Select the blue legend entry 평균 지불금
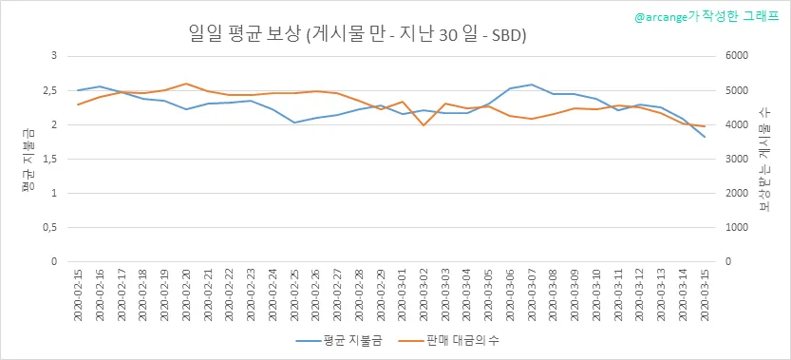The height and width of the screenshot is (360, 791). pos(338,341)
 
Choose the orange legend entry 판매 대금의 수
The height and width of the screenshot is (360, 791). pos(448,341)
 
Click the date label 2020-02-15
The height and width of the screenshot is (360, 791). pos(78,294)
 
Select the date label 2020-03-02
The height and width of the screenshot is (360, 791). pos(424,294)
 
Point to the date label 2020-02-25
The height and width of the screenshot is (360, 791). pos(294,294)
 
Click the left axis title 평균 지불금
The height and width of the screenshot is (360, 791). pos(28,160)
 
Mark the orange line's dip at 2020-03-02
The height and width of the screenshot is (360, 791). pos(424,125)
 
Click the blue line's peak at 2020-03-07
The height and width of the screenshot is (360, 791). pos(532,85)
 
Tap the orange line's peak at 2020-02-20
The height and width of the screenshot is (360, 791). pos(186,84)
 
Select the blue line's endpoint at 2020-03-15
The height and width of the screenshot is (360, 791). pos(705,137)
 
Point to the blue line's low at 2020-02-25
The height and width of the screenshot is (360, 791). pos(294,123)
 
